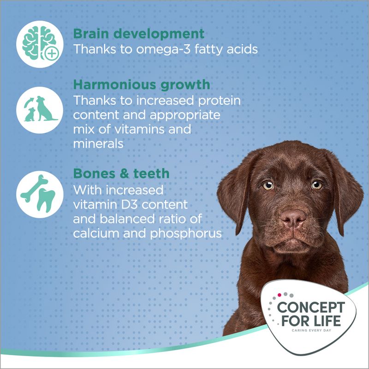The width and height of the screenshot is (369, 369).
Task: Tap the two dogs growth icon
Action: click(40, 110)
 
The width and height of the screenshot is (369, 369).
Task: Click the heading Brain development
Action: click(139, 34)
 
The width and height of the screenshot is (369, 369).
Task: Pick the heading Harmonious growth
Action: click(142, 85)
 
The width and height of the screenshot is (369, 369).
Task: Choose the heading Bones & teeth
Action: click(121, 173)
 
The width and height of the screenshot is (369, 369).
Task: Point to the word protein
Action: click(220, 100)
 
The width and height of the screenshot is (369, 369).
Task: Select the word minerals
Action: click(98, 143)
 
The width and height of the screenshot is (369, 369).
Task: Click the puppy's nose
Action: click(293, 217)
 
